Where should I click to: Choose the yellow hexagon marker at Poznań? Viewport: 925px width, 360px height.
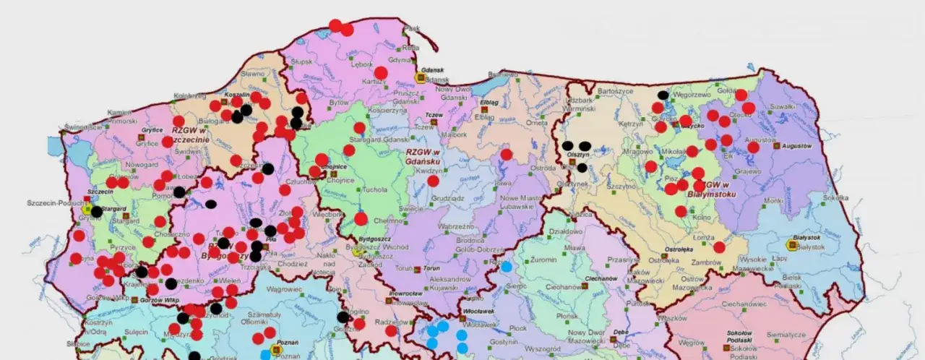275,350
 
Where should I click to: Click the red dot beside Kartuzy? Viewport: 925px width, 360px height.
381,72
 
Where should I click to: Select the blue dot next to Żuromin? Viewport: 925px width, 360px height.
507,266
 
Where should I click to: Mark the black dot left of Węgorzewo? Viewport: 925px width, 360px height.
663,95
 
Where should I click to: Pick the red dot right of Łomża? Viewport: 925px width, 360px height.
719,247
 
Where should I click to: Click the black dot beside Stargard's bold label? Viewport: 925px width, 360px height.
96,211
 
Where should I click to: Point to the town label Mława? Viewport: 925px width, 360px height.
575,247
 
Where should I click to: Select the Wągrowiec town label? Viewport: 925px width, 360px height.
283,288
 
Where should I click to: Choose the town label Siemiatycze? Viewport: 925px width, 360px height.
786,335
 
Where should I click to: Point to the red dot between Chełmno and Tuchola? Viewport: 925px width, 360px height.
361,218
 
